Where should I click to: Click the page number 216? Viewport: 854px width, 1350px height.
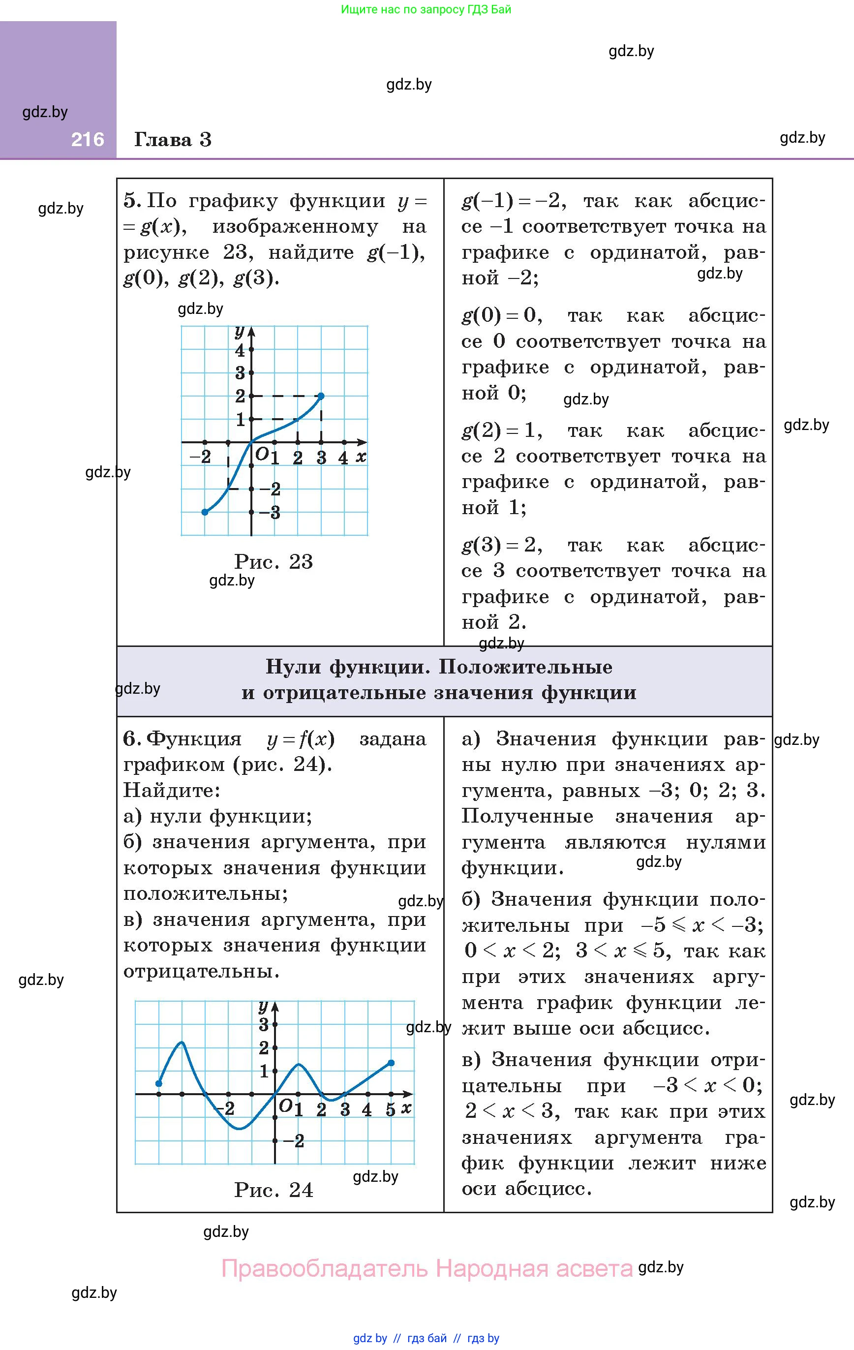pyautogui.click(x=88, y=140)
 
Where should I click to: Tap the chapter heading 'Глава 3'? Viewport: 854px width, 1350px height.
pyautogui.click(x=173, y=140)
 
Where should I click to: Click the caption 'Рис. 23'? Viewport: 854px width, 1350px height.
pyautogui.click(x=273, y=561)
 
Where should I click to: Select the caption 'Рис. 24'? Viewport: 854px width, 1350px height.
pyautogui.click(x=273, y=1190)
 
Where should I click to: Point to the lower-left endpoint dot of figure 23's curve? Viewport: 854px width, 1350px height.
pyautogui.click(x=205, y=512)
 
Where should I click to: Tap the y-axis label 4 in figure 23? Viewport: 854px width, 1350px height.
pyautogui.click(x=240, y=350)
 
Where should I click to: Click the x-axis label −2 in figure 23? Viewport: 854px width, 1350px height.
pyautogui.click(x=200, y=457)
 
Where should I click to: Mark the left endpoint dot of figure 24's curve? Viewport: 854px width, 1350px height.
pyautogui.click(x=159, y=1084)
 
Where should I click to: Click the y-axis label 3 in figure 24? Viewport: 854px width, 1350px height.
pyautogui.click(x=264, y=1025)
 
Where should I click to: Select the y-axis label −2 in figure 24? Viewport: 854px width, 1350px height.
pyautogui.click(x=294, y=1141)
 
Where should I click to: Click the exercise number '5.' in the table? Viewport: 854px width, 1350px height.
pyautogui.click(x=132, y=200)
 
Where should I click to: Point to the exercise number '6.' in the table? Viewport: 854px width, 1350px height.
pyautogui.click(x=132, y=738)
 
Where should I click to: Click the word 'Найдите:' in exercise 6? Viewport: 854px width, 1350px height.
pyautogui.click(x=172, y=790)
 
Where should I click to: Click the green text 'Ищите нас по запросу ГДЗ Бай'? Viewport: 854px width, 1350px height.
pyautogui.click(x=426, y=9)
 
